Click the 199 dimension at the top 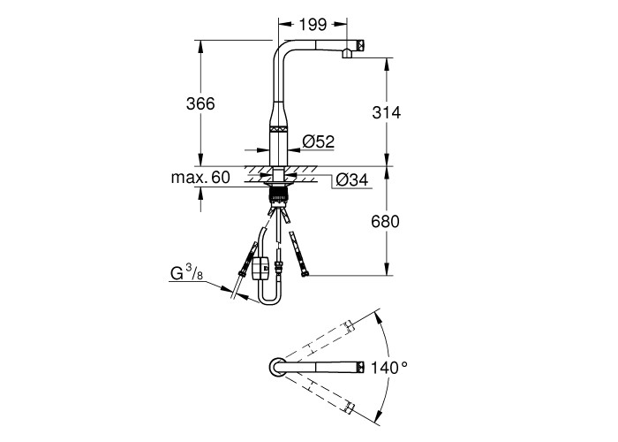[313, 25]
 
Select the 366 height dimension [200, 103]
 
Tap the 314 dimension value [387, 113]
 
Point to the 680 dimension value [385, 222]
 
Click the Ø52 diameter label [319, 141]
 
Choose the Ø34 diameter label [352, 180]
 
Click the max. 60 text [200, 178]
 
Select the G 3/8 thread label [186, 272]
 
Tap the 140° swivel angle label [389, 369]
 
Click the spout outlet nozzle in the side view [347, 53]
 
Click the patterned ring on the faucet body [279, 129]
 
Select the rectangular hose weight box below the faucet [260, 268]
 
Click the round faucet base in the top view [277, 368]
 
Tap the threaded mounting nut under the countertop [279, 195]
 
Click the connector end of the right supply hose [304, 272]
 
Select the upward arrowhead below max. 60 [200, 193]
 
